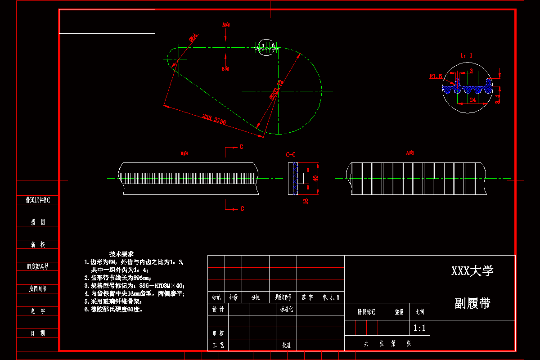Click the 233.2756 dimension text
[x=214, y=120]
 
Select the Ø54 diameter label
[x=193, y=38]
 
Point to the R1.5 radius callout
[x=436, y=76]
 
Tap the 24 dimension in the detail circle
[x=472, y=100]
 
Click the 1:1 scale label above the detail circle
[x=466, y=55]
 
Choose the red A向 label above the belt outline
[x=226, y=24]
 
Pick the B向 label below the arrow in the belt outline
[x=225, y=69]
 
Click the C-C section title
[x=291, y=154]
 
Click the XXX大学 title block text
[x=472, y=270]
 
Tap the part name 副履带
[x=472, y=303]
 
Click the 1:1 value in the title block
[x=419, y=328]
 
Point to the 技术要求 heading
[x=121, y=254]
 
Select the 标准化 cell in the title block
[x=286, y=310]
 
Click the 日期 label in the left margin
[x=38, y=333]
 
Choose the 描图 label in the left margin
[x=38, y=222]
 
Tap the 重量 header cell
[x=399, y=311]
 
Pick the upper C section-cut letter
[x=241, y=147]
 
